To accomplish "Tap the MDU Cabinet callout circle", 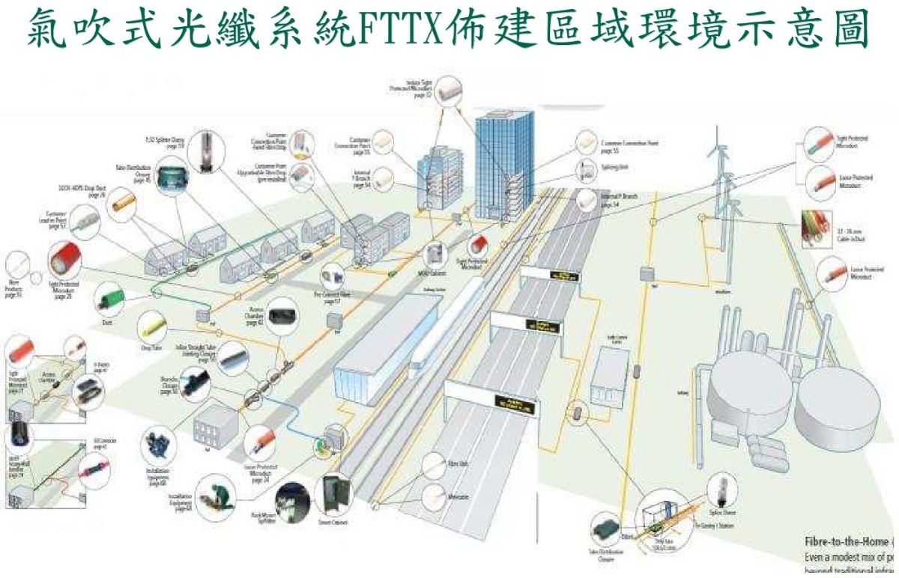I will tap(435, 255).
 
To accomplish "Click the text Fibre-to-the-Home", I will tap(847, 541).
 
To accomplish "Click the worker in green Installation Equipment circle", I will tap(217, 493).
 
